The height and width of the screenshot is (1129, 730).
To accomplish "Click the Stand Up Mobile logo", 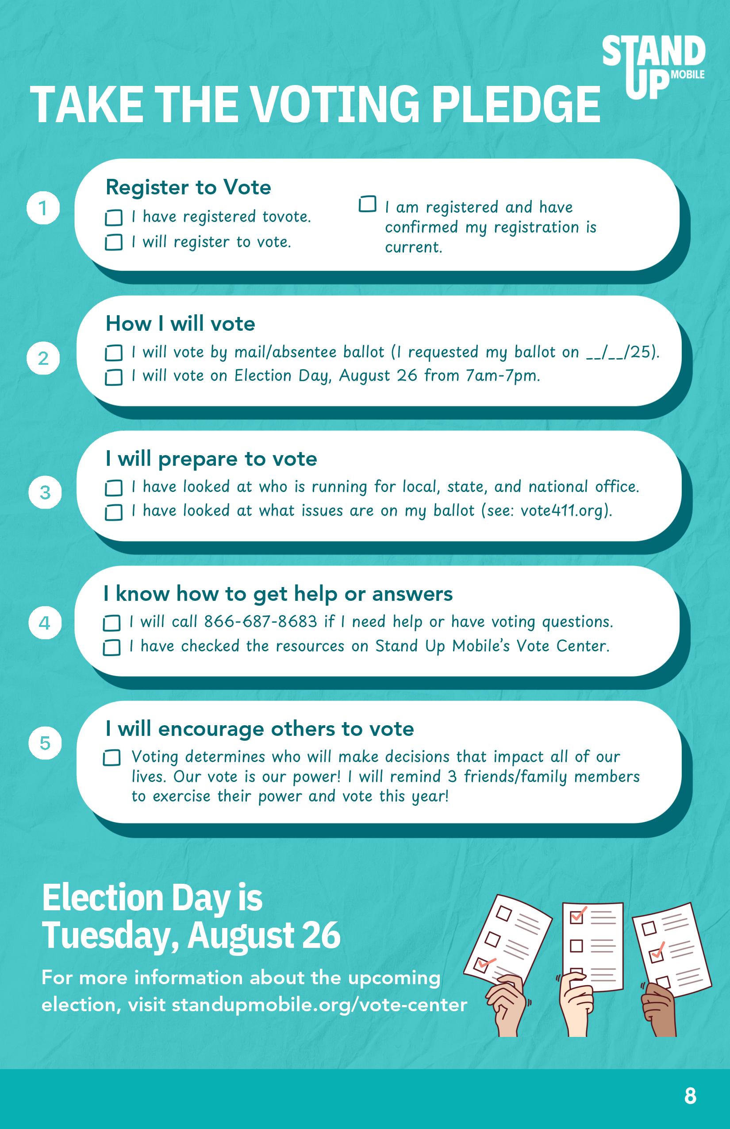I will [x=654, y=67].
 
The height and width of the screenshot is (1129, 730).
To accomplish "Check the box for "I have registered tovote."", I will [x=113, y=218].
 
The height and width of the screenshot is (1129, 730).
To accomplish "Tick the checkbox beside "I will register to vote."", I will [x=113, y=243].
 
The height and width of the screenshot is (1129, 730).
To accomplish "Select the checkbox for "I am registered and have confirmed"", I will [x=367, y=205].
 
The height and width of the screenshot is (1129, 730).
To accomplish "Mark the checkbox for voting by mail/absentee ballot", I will [x=113, y=353].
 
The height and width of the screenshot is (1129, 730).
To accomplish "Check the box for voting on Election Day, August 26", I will [x=113, y=378].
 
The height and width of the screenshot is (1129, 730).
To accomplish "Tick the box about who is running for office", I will [x=113, y=487].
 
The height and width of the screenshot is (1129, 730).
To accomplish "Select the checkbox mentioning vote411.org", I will [x=113, y=512].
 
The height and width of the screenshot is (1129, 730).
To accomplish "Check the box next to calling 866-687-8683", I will [x=111, y=623].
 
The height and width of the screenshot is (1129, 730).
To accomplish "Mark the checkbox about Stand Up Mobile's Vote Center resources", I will [x=111, y=647].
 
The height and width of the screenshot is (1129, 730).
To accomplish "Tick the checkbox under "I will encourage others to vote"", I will [x=111, y=758].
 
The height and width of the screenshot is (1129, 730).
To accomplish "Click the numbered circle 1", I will [x=43, y=208].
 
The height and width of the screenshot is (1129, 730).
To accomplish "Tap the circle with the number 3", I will [x=45, y=492].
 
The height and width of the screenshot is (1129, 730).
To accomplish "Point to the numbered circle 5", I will [x=45, y=743].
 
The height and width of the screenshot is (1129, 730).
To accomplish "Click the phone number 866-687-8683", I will [x=260, y=622].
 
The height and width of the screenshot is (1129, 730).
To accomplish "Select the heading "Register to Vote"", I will [x=188, y=187].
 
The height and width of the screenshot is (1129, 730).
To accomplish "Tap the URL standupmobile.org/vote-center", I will [x=319, y=1005].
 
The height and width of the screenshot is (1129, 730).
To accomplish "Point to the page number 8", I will [x=690, y=1096].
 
